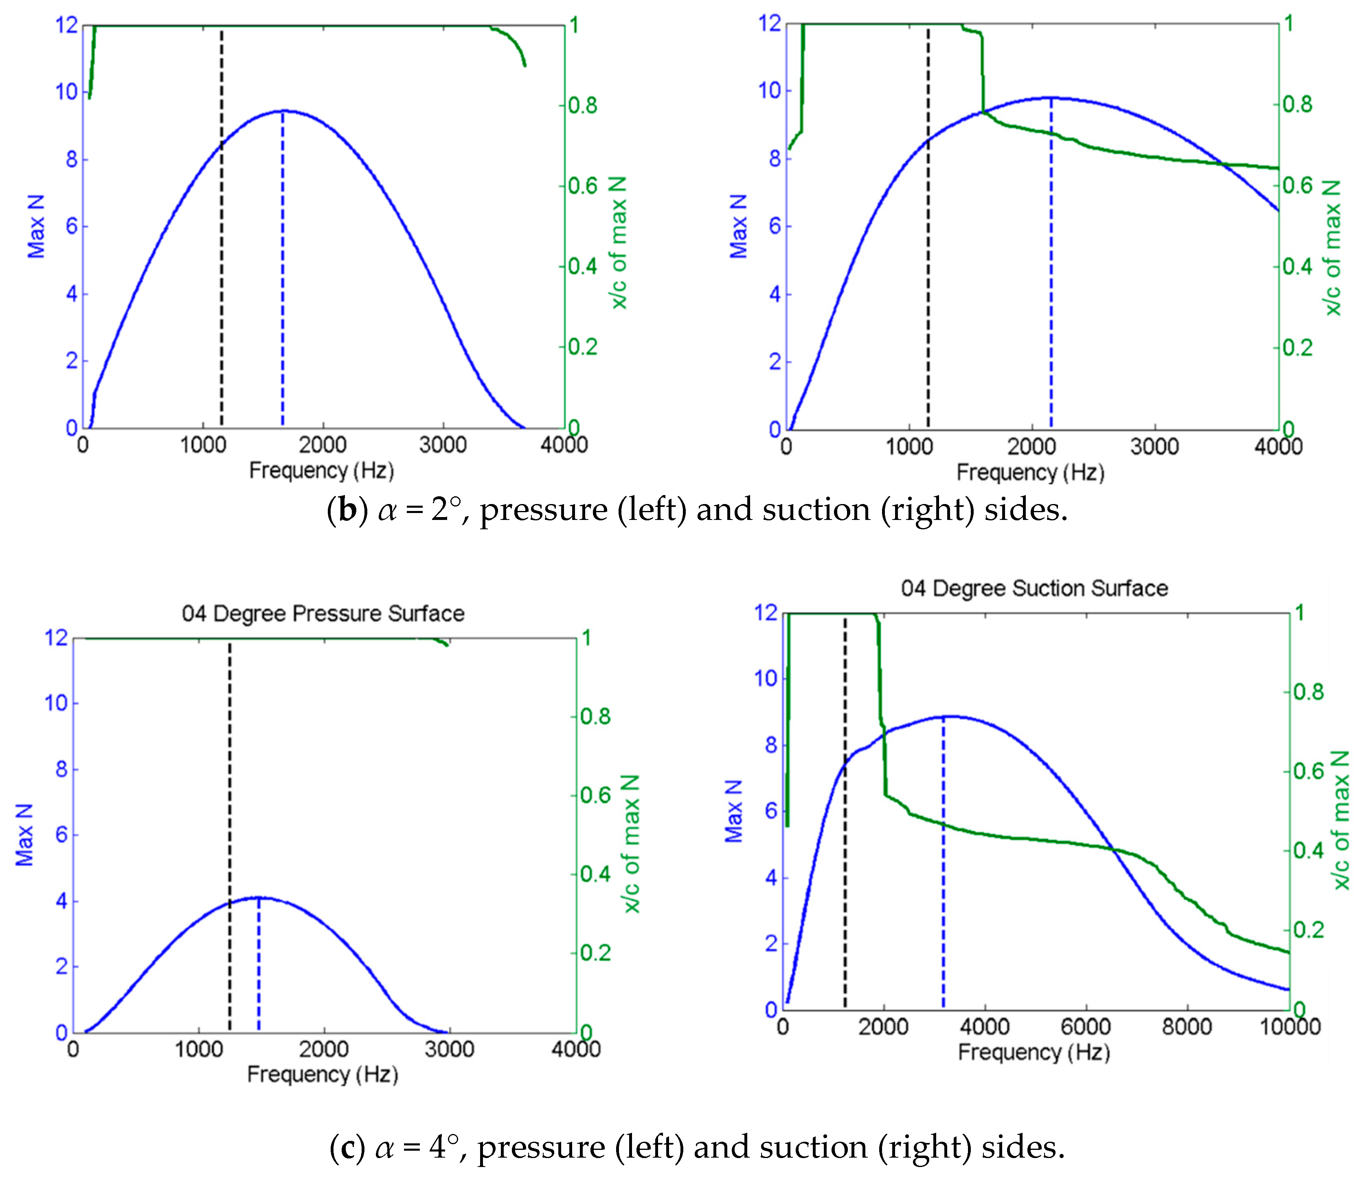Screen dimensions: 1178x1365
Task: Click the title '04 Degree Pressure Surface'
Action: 323,614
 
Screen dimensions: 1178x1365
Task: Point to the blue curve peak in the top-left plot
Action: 284,111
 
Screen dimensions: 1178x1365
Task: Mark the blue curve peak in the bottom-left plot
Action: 258,897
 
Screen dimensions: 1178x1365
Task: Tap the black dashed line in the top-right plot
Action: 928,264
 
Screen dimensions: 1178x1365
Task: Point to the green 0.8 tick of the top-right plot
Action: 1297,104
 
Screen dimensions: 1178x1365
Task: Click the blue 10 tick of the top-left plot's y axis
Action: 67,92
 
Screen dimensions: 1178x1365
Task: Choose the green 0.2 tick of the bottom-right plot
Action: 1308,929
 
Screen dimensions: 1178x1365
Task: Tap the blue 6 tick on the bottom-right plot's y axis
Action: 771,811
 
